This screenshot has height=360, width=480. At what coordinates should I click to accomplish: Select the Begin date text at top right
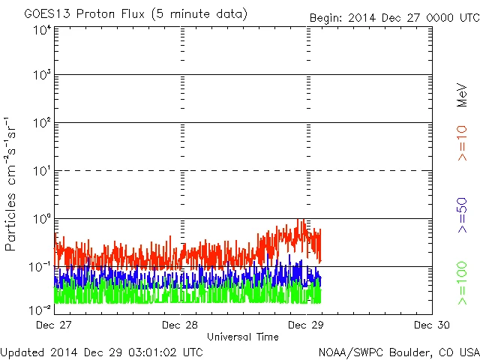[394, 16]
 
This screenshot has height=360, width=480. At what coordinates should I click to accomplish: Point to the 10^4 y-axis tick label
[41, 31]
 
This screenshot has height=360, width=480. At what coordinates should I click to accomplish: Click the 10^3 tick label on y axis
[41, 76]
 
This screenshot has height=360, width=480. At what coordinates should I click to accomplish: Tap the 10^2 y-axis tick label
[41, 123]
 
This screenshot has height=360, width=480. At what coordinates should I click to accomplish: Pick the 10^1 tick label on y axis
[41, 171]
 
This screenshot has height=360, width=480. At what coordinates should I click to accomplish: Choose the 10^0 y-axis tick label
[41, 219]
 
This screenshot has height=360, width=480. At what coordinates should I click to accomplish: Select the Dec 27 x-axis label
[55, 325]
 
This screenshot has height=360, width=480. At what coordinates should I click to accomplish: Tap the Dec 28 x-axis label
[180, 325]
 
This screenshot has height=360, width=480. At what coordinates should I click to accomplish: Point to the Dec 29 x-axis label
[306, 325]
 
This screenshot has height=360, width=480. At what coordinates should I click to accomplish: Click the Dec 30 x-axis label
[430, 325]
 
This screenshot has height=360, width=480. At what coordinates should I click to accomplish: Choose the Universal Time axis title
[242, 337]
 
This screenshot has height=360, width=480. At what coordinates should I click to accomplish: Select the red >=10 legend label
[463, 143]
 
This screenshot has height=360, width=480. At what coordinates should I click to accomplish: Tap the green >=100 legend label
[463, 282]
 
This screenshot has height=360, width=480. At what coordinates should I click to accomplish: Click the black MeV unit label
[463, 95]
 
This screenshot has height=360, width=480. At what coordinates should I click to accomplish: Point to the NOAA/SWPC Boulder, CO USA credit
[398, 351]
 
